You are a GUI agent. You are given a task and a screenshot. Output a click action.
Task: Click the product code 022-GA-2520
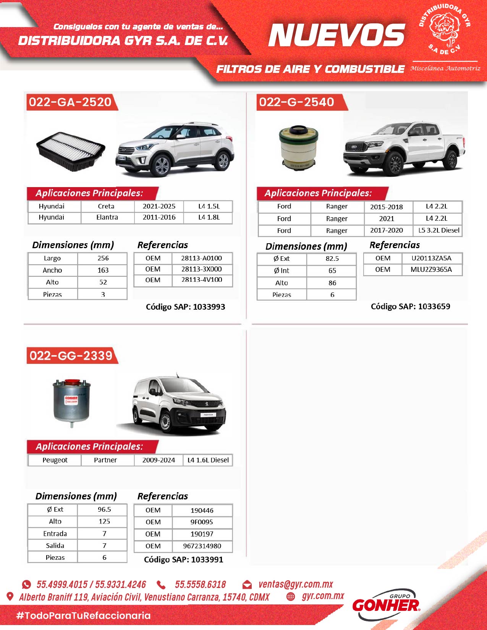(x=70, y=102)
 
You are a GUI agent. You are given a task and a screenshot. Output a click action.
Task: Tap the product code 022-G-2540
(x=296, y=102)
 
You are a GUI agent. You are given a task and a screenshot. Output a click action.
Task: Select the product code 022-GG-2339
(x=71, y=355)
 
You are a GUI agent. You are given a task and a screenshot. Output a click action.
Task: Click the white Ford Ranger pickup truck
(x=404, y=149)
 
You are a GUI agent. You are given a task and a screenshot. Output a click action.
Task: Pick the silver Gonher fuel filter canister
(x=71, y=402)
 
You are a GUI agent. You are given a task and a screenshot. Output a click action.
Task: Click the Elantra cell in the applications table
(x=107, y=217)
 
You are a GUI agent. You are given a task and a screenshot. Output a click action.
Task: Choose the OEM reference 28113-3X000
(x=202, y=269)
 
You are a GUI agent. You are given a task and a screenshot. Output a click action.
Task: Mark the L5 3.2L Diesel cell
(x=438, y=230)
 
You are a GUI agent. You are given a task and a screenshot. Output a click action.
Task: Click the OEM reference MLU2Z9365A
(x=431, y=270)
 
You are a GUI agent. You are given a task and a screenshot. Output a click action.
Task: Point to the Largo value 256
(x=103, y=258)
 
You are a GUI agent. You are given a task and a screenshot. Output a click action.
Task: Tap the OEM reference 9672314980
(x=202, y=546)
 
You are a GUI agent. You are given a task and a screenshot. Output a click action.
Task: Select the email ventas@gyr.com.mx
(x=296, y=584)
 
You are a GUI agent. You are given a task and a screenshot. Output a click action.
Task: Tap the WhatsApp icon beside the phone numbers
(x=26, y=584)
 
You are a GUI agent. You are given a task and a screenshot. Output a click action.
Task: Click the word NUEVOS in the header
(x=336, y=35)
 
